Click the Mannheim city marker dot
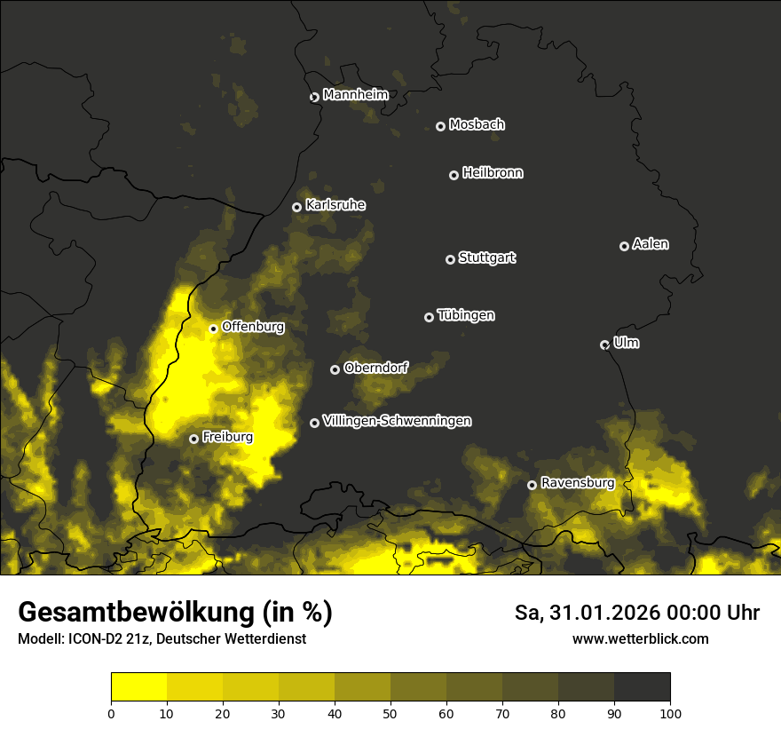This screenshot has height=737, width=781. pyautogui.click(x=314, y=98)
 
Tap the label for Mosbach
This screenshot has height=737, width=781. pyautogui.click(x=477, y=125)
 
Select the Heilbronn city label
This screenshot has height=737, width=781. pyautogui.click(x=493, y=173)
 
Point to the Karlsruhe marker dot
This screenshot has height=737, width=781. pyautogui.click(x=297, y=208)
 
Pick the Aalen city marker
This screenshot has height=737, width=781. pyautogui.click(x=624, y=247)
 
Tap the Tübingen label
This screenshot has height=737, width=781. pyautogui.click(x=466, y=315)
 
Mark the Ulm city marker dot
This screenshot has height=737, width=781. pyautogui.click(x=605, y=345)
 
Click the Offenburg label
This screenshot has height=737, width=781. pyautogui.click(x=253, y=327)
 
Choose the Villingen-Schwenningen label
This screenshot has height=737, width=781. pyautogui.click(x=397, y=421)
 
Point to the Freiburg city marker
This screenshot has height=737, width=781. pyautogui.click(x=193, y=439)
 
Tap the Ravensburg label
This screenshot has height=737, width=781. pyautogui.click(x=578, y=483)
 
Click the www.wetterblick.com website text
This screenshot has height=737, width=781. pyautogui.click(x=640, y=638)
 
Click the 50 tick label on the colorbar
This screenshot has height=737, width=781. pyautogui.click(x=390, y=713)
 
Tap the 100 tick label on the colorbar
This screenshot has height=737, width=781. pyautogui.click(x=670, y=713)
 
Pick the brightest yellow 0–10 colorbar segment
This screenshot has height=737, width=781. pyautogui.click(x=138, y=686)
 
